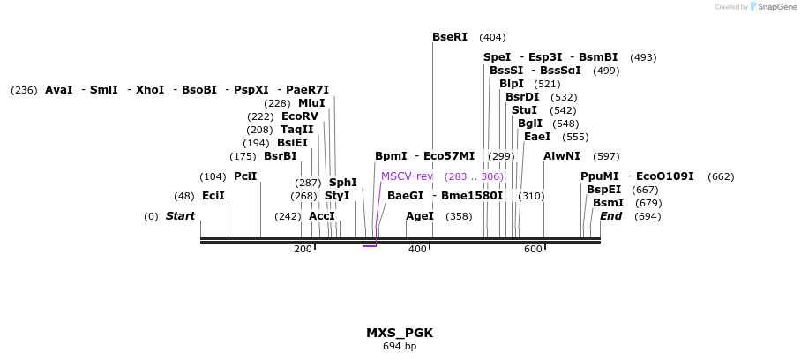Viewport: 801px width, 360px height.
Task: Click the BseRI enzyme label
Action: coord(450,37)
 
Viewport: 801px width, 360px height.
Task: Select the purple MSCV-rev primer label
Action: coord(407,176)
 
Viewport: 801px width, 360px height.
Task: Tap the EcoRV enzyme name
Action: coord(300,116)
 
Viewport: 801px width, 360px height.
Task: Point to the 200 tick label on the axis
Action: coord(303,250)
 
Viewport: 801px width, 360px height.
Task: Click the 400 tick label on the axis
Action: coord(417,250)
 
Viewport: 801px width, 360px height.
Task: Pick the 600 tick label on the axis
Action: coord(533,250)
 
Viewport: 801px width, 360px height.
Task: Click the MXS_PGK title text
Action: coord(400,333)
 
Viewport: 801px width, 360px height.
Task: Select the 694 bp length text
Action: coord(400,347)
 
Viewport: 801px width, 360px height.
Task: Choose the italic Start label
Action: coord(181,216)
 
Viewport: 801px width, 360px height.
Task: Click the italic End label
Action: coord(611,216)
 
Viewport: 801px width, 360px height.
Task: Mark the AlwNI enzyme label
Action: coord(562,156)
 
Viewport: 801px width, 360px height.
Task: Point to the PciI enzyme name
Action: coord(245,176)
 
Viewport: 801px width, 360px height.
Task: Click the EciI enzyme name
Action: coord(213,196)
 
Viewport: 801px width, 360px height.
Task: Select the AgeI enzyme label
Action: coord(420,216)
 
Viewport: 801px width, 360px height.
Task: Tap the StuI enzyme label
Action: coord(525,110)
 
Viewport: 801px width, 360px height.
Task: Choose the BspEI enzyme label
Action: coord(604,190)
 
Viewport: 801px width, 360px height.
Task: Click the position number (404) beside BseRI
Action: coord(492,37)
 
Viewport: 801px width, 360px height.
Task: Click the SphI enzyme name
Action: coord(343,183)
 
